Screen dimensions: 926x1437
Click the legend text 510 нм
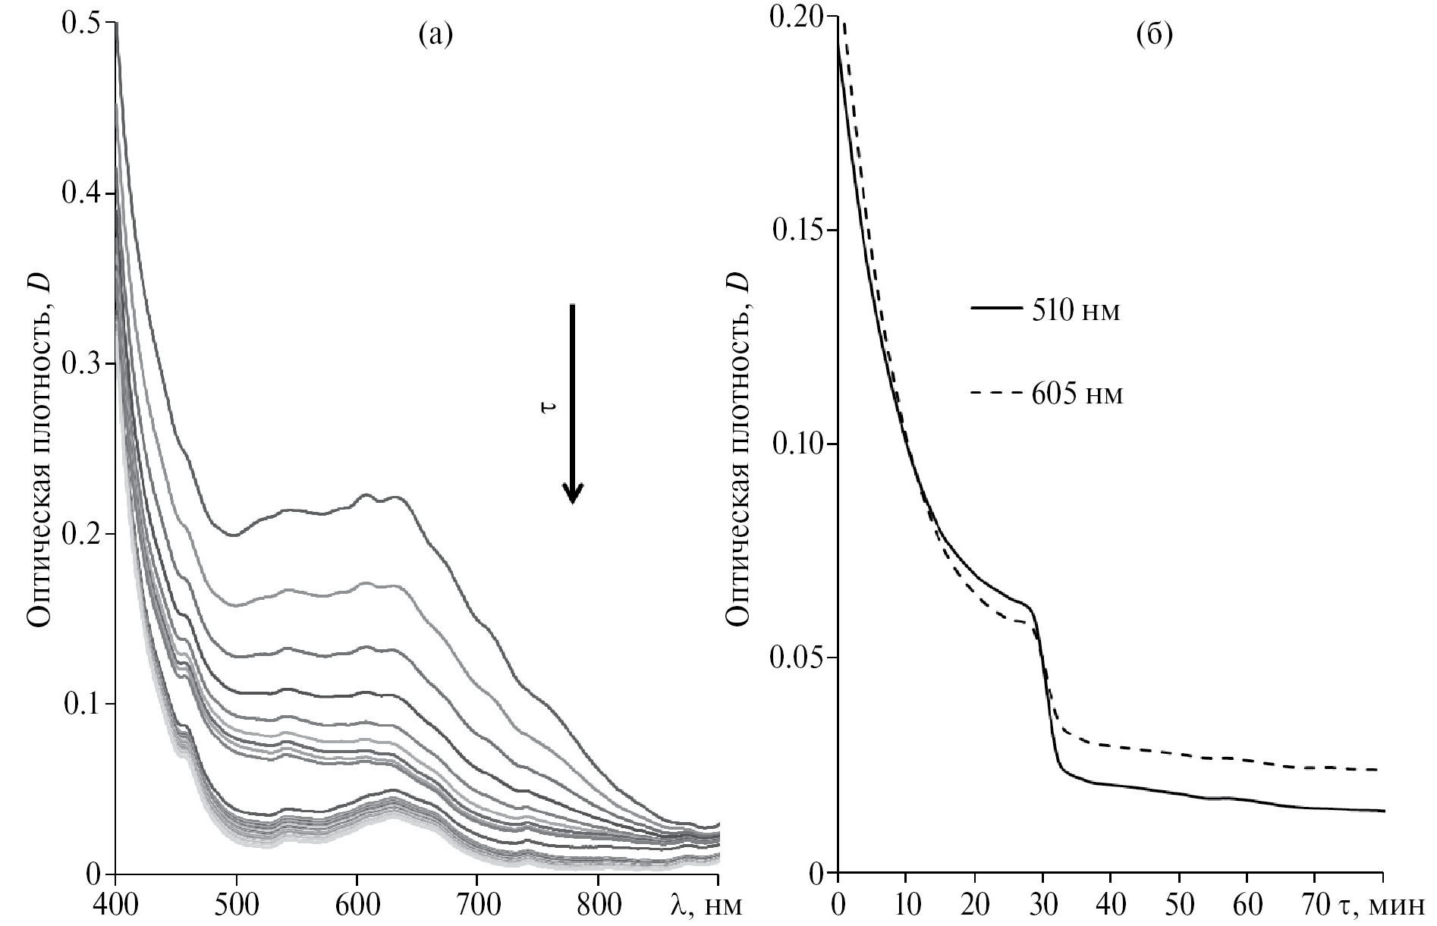point(1076,312)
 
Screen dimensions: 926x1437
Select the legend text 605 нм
point(1077,394)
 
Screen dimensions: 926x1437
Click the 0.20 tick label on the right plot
point(796,17)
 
